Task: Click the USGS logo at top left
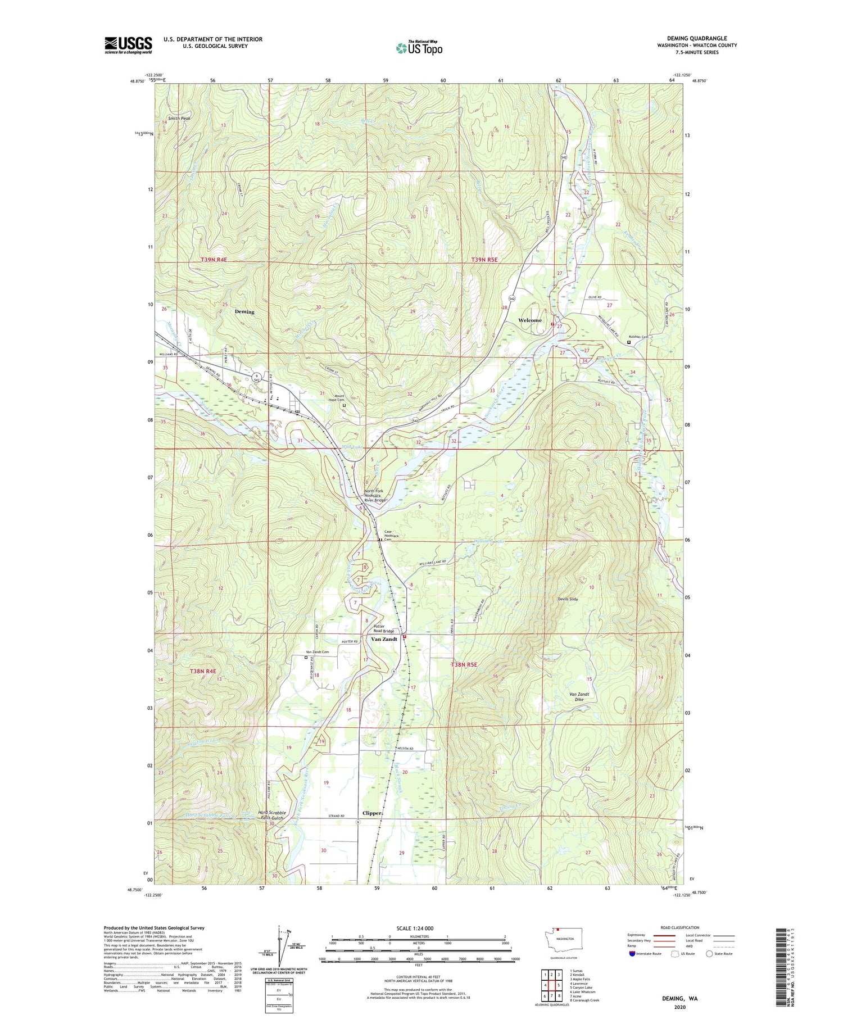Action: pos(128,45)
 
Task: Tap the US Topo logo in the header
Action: pos(419,48)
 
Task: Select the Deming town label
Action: pos(244,311)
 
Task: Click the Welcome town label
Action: pos(529,320)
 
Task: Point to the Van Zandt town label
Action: pos(384,639)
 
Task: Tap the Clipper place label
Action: pos(372,813)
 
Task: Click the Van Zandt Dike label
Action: pos(579,697)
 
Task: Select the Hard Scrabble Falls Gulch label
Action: pos(272,815)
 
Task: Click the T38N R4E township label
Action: pos(203,671)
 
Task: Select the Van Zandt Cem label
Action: pos(318,652)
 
